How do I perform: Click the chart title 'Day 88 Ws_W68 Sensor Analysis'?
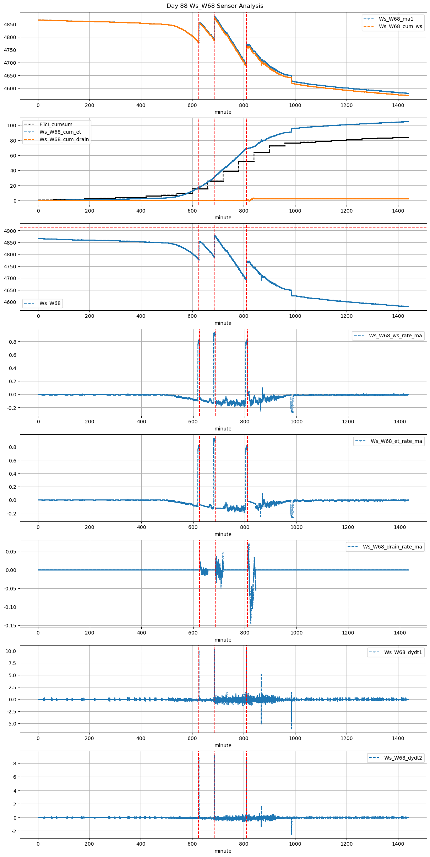coord(215,6)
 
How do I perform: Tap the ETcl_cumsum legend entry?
coord(56,124)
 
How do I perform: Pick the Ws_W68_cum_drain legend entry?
coord(64,139)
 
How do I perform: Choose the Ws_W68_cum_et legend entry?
coord(60,132)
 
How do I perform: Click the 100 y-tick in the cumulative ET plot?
coord(12,125)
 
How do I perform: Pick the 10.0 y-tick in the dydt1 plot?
coord(11,651)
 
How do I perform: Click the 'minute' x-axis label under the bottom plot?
coord(223,851)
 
